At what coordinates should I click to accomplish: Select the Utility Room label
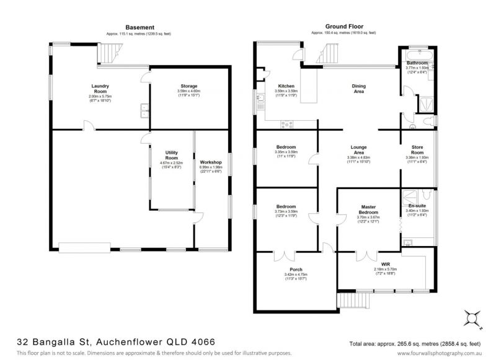tap(172, 154)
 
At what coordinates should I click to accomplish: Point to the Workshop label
tap(210, 162)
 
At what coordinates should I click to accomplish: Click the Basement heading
tap(136, 27)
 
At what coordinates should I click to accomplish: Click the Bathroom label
tap(417, 63)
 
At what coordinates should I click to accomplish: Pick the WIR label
tap(378, 263)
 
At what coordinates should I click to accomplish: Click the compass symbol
tap(474, 318)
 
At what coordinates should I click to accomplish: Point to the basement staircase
tap(110, 53)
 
